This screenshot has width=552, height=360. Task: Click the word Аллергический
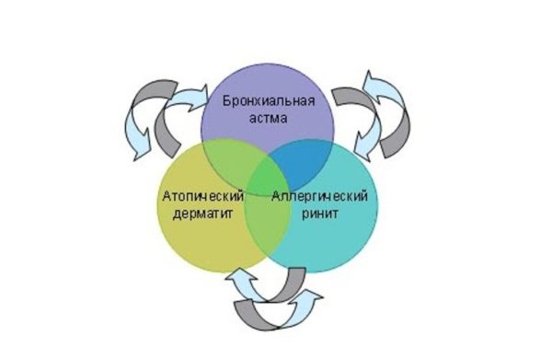pos(320,195)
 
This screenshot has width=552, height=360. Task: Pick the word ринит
pos(320,214)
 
